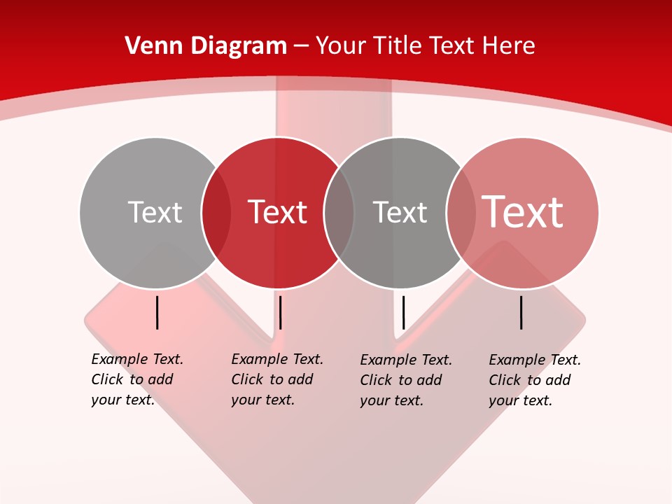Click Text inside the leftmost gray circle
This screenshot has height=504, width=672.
coord(155,212)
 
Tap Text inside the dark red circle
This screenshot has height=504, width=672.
coord(278,212)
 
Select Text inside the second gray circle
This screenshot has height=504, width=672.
coord(400,212)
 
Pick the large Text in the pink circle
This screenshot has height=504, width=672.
coord(522,211)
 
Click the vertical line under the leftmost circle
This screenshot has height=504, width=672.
coord(157,312)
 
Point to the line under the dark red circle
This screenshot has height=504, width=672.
coord(280,312)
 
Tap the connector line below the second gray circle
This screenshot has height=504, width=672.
coord(403,312)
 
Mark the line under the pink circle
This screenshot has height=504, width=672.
coord(521,312)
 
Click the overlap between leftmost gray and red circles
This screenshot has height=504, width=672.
coord(216,213)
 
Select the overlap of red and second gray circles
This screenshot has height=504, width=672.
coord(339,213)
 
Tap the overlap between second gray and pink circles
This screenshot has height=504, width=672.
coord(461,213)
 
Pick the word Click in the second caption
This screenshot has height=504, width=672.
coord(247,379)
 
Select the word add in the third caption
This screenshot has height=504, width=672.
coord(428,380)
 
